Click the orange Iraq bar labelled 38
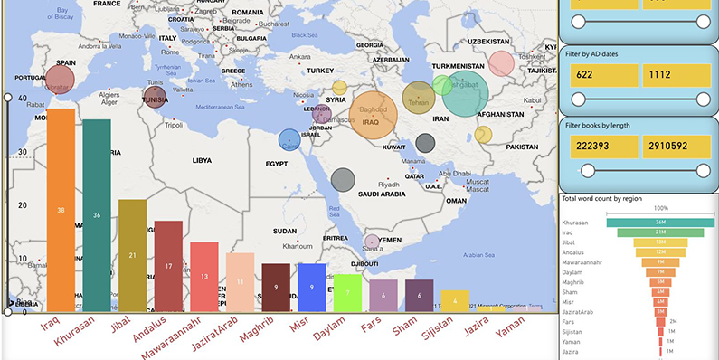pyautogui.click(x=61, y=210)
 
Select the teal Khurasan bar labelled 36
pyautogui.click(x=97, y=215)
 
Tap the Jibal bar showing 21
pyautogui.click(x=132, y=255)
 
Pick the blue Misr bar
pyautogui.click(x=310, y=288)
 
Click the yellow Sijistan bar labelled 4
pyautogui.click(x=455, y=301)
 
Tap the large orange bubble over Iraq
pyautogui.click(x=373, y=115)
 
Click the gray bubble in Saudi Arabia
pyautogui.click(x=341, y=179)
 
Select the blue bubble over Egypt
pyautogui.click(x=289, y=139)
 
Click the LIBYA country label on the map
pyautogui.click(x=201, y=160)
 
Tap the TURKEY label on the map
pyautogui.click(x=320, y=70)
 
